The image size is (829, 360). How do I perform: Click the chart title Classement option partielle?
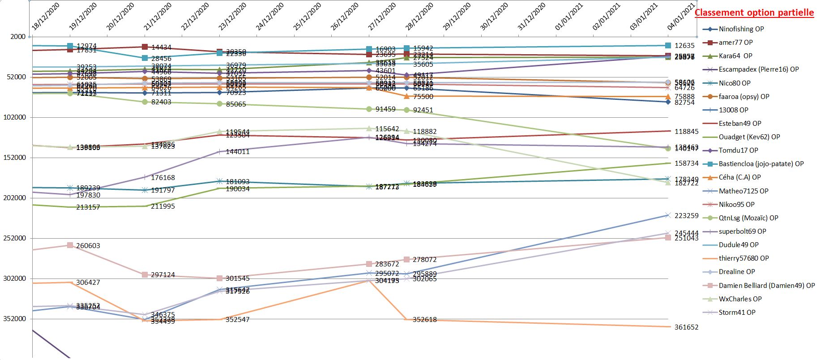[x=754, y=13]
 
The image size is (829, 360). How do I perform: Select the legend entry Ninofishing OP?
[x=741, y=29]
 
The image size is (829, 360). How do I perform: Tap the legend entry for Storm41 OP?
[x=737, y=313]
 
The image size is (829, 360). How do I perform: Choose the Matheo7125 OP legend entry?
[x=743, y=191]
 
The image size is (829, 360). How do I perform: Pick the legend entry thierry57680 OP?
[x=744, y=258]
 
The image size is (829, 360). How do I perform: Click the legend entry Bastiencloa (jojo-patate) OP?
[x=761, y=164]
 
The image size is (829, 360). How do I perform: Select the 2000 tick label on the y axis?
[x=18, y=37]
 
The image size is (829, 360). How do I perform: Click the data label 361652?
[x=686, y=327]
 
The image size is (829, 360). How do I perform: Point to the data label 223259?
[x=686, y=216]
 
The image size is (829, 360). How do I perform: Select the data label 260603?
[x=88, y=246]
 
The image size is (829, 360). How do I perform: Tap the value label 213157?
[x=88, y=207]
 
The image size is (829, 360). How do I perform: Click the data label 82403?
[x=161, y=102]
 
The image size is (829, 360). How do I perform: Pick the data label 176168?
[x=163, y=178]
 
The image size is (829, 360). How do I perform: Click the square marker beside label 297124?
[x=145, y=274]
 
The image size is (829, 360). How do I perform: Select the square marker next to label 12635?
[x=668, y=45]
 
